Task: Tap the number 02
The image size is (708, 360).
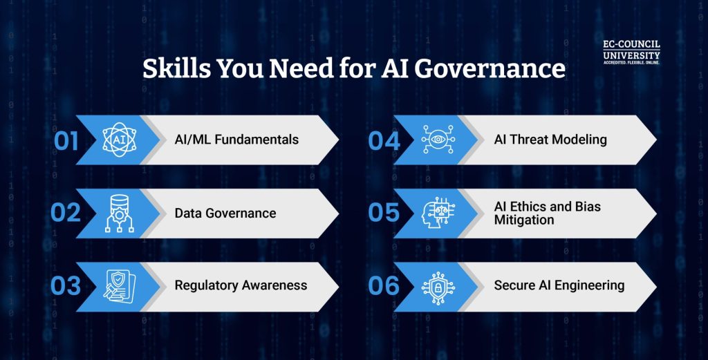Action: pos(66,214)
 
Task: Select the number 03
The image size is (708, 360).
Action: pos(66,286)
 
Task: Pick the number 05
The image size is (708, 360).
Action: pos(384,214)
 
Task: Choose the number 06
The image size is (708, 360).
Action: pos(384,286)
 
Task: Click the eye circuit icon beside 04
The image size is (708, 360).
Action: pos(437,139)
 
